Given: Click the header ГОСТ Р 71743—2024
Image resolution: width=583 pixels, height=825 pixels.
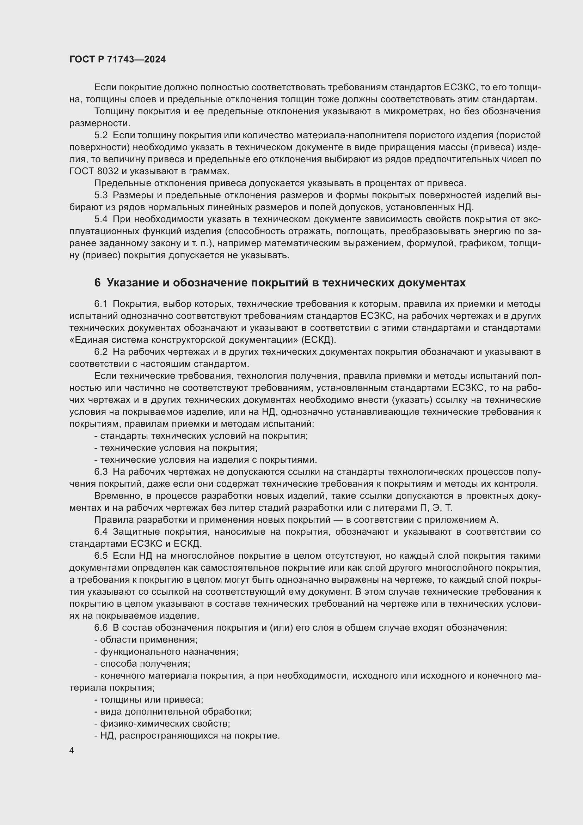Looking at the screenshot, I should [117, 59].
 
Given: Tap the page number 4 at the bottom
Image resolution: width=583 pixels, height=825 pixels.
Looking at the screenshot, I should [72, 751].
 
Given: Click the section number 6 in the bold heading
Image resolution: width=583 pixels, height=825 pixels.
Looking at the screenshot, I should [97, 283].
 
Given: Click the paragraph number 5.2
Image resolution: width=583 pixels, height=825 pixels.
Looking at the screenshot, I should [101, 135].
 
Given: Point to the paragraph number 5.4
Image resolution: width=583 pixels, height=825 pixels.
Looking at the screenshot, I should [101, 219].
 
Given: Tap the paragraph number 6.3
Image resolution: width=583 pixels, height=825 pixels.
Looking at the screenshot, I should [101, 472].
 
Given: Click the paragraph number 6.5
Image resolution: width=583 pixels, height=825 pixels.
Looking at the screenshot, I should [101, 556].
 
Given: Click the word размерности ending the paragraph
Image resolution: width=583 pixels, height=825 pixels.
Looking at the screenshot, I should [99, 123].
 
